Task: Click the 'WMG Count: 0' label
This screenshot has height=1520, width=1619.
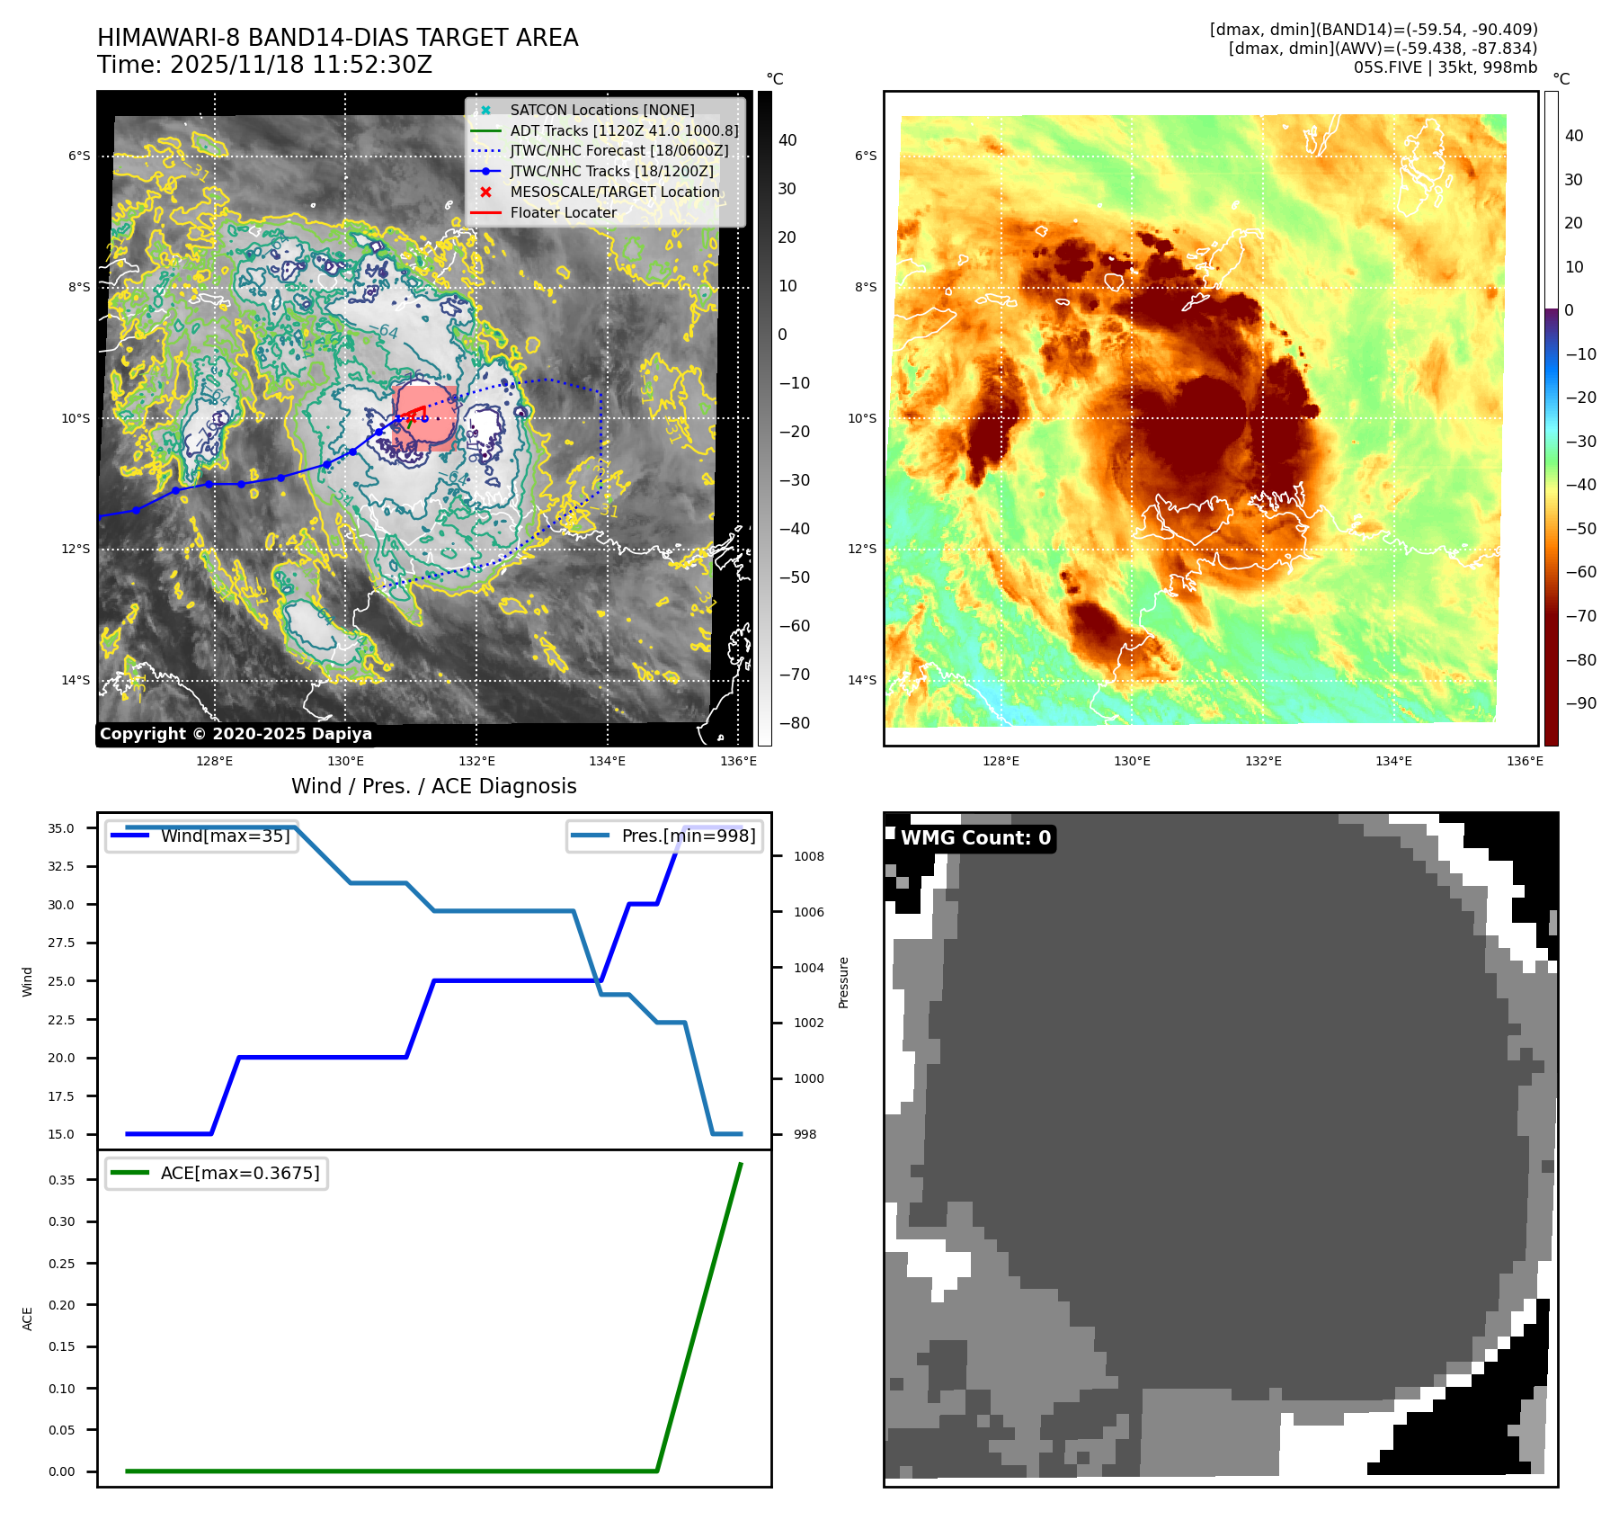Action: point(975,838)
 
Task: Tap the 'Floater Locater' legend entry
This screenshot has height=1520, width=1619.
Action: point(563,213)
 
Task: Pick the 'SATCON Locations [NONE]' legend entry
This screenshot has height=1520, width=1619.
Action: point(602,110)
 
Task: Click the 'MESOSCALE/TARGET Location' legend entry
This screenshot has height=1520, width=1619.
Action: point(615,192)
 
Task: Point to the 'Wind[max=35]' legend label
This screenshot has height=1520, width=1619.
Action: point(225,836)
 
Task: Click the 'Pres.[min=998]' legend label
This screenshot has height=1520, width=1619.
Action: point(688,836)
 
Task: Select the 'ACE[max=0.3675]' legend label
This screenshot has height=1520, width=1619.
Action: point(239,1173)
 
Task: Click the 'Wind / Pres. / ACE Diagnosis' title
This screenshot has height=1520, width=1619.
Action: point(434,786)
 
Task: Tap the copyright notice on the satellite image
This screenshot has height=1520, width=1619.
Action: point(236,734)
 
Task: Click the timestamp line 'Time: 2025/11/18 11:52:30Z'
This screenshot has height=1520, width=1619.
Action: point(265,66)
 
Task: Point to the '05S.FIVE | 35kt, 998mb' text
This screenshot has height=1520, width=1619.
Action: point(1446,67)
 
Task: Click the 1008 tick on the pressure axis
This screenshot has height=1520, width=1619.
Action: point(809,856)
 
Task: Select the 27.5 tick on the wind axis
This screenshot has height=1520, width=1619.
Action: point(61,943)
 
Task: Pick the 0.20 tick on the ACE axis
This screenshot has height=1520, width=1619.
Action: point(61,1305)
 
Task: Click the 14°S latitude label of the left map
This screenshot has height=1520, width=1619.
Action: point(76,680)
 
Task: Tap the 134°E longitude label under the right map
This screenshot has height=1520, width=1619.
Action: point(1393,761)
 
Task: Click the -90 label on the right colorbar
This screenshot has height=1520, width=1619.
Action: point(1580,703)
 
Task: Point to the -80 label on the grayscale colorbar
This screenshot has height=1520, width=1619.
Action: point(794,723)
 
